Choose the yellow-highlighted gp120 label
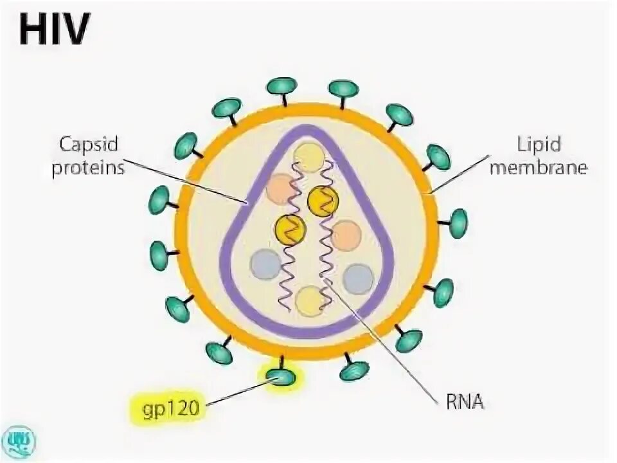167,406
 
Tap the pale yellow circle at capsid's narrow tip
310,157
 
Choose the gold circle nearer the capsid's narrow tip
323,202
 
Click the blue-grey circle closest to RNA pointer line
357,279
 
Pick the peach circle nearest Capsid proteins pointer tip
280,188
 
